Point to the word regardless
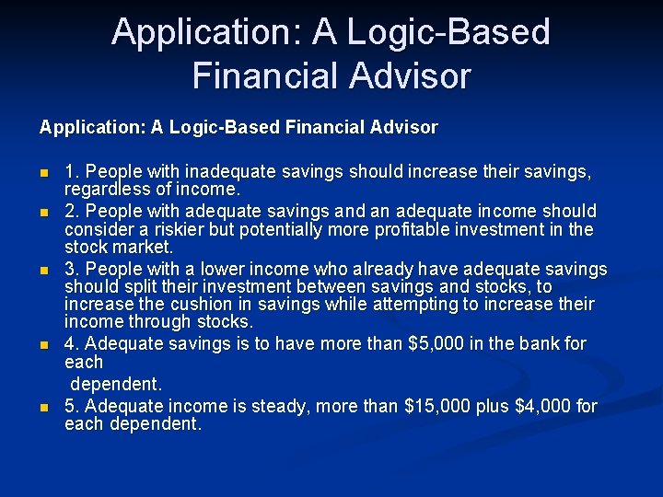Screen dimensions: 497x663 [x=109, y=190]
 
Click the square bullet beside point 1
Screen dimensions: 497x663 [x=42, y=173]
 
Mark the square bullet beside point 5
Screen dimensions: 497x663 [x=42, y=407]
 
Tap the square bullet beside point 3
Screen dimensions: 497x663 [x=42, y=270]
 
